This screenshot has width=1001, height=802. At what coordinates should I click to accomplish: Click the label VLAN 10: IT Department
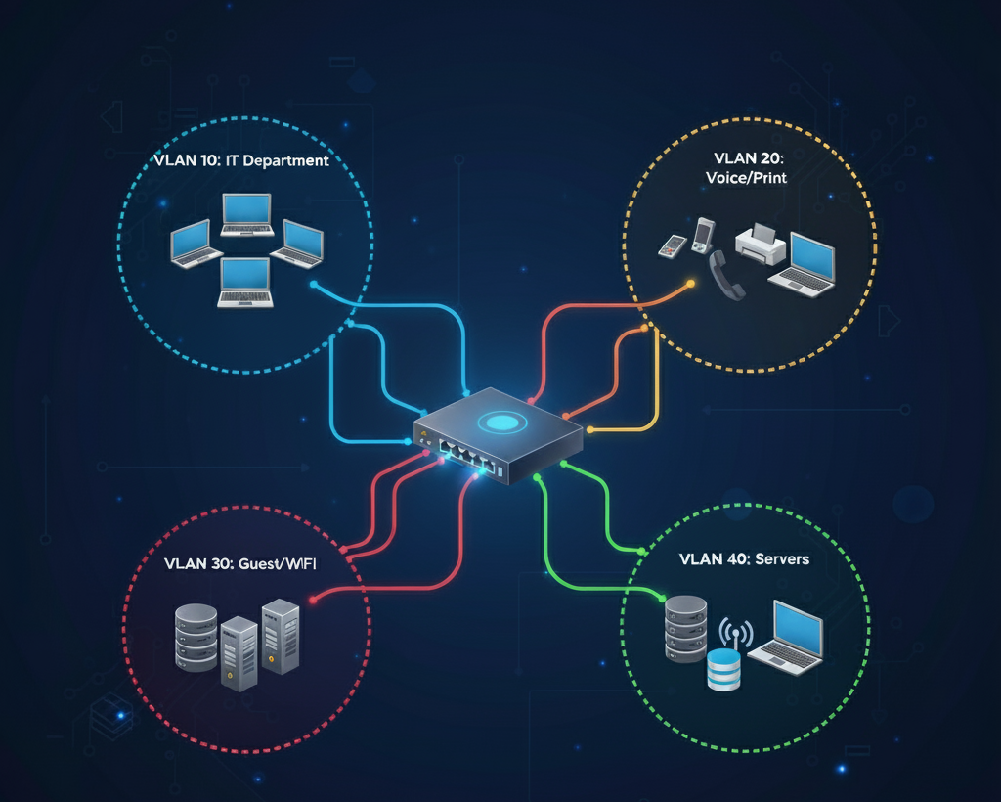click(241, 161)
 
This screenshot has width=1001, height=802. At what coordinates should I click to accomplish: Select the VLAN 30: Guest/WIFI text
click(236, 565)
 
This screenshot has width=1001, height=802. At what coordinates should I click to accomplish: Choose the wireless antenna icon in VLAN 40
click(733, 633)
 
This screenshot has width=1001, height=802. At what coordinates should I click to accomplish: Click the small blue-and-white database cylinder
click(724, 670)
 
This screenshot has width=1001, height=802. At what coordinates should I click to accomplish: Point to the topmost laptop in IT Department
click(246, 215)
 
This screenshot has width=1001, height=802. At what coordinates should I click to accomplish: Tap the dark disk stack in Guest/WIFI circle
click(196, 638)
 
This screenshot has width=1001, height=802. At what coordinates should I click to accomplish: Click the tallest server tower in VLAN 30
click(281, 636)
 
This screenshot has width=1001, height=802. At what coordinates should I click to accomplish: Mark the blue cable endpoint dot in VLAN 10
click(313, 285)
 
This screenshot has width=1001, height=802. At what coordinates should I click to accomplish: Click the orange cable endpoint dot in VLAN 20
click(691, 284)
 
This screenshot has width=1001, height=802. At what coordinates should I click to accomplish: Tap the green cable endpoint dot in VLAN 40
click(662, 598)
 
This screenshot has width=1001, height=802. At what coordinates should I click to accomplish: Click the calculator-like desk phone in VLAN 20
click(670, 246)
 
